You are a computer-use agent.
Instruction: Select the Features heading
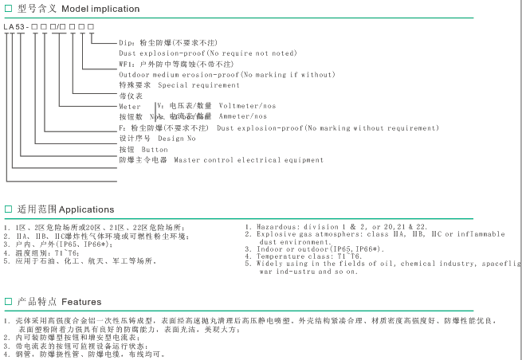pyautogui.click(x=81, y=303)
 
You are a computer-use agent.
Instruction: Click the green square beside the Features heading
pyautogui.click(x=8, y=303)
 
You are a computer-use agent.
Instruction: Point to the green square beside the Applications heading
pyautogui.click(x=8, y=209)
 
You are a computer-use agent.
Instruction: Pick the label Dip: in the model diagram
pyautogui.click(x=126, y=42)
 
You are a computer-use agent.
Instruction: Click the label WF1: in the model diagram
pyautogui.click(x=128, y=64)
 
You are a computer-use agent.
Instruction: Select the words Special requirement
pyautogui.click(x=198, y=84)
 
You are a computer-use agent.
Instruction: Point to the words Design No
pyautogui.click(x=176, y=138)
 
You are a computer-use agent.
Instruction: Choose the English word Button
pyautogui.click(x=155, y=149)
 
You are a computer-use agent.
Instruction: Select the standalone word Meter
pyautogui.click(x=130, y=106)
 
